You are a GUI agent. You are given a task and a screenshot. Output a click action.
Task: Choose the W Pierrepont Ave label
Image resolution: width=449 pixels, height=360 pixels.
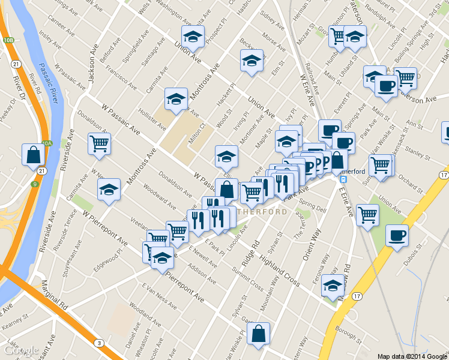(x=105, y=228)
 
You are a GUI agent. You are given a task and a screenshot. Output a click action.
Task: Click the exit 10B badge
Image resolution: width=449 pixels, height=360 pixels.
(x=8, y=40)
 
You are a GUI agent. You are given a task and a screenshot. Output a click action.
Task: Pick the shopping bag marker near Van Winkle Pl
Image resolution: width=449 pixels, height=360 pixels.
(x=258, y=334)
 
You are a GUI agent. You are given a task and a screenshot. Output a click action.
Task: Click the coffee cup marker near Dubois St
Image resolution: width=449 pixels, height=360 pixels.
(x=396, y=235)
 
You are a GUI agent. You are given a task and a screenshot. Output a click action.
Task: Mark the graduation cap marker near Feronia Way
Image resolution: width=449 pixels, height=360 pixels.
(x=332, y=286)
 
